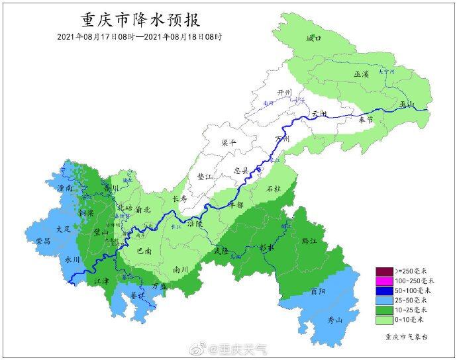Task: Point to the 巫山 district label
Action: click(406, 105)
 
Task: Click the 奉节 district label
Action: click(366, 120)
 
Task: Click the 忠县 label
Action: click(242, 170)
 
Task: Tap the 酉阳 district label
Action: click(319, 291)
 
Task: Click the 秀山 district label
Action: click(336, 321)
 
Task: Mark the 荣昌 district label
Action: click(43, 241)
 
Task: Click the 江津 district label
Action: click(102, 282)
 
